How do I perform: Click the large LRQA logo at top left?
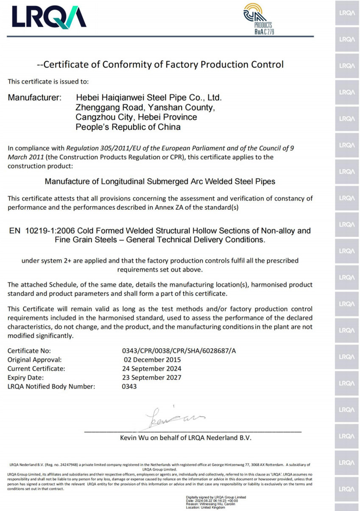(x=49, y=18)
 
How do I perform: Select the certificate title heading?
(x=160, y=65)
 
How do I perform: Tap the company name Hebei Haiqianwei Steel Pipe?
(x=149, y=98)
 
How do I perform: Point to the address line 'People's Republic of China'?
(x=128, y=127)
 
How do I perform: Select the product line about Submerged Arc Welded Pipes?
(x=160, y=182)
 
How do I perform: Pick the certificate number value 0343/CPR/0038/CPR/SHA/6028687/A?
(x=179, y=351)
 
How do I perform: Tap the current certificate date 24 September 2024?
(x=152, y=369)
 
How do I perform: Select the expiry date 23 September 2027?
(x=152, y=378)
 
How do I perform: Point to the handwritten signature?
(x=172, y=417)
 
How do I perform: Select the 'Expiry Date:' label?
(x=25, y=378)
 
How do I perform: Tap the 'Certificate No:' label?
(x=29, y=351)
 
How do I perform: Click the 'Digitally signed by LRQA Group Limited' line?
(x=216, y=497)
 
